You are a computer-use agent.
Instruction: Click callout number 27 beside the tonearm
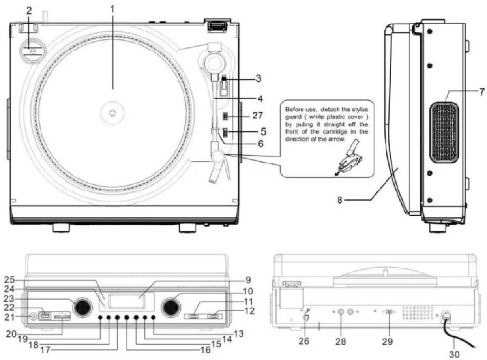[x=258, y=115]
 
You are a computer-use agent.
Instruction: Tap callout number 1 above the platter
[x=112, y=9]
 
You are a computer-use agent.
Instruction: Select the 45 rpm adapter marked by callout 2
[x=33, y=50]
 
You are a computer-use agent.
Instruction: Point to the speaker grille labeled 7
[x=444, y=133]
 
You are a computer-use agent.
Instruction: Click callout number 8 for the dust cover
[x=340, y=200]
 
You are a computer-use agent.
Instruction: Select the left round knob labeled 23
[x=83, y=307]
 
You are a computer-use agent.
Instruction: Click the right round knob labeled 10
[x=171, y=307]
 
